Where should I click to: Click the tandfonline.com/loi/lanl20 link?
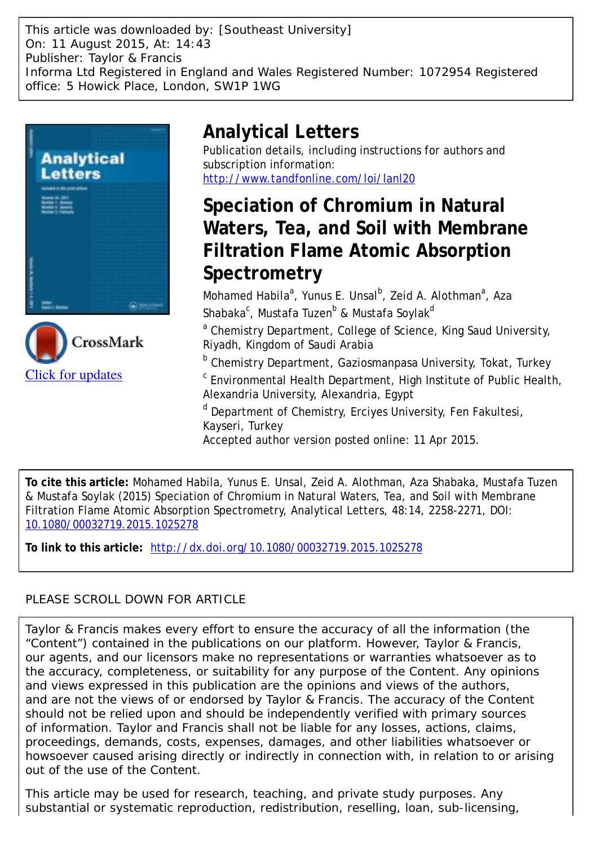308,179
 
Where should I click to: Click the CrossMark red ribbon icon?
46,342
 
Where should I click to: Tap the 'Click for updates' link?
73,375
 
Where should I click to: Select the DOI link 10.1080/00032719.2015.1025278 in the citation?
112,525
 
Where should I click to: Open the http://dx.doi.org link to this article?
286,548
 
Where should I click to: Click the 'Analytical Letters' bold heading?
280,132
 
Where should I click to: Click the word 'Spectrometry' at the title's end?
262,273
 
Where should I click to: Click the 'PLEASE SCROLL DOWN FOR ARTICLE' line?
135,599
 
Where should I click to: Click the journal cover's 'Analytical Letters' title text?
82,166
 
